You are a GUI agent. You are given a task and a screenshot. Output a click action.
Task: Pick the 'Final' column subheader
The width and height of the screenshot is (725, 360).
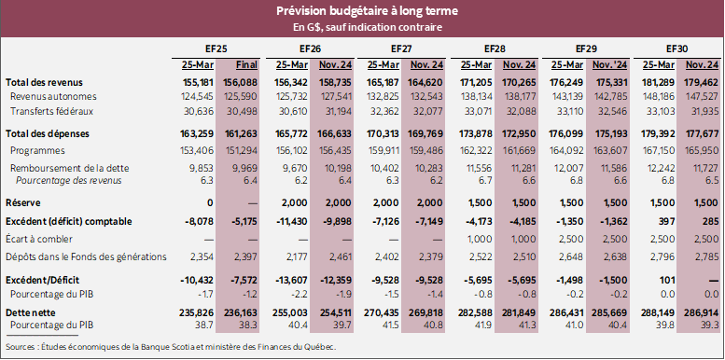pos(246,64)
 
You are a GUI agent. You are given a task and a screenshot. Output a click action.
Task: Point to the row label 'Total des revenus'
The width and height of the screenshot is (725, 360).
pos(41,82)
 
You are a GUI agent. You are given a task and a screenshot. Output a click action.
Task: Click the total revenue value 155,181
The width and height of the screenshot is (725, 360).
pos(198,82)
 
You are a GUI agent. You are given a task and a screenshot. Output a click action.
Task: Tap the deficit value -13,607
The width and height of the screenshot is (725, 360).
pos(290,279)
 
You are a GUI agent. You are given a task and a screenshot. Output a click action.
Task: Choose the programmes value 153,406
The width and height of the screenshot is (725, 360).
pos(199,149)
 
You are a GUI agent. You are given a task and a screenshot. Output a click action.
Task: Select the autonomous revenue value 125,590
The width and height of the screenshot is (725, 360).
pos(244,96)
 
